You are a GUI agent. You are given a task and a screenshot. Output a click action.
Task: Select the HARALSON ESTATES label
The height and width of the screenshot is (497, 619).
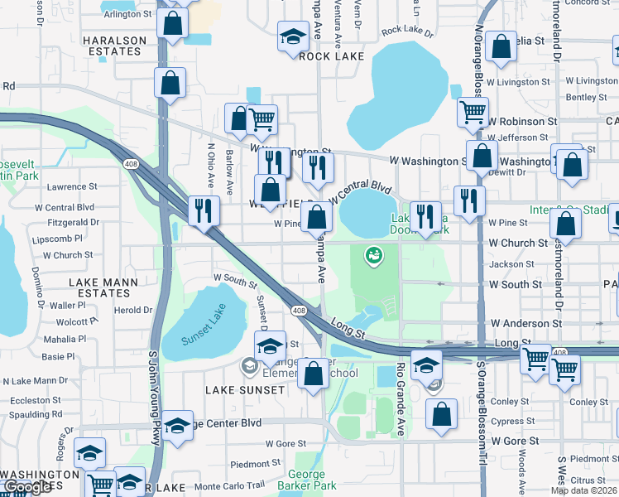(113, 46)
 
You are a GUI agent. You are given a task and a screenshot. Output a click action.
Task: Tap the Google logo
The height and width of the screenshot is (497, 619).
(27, 488)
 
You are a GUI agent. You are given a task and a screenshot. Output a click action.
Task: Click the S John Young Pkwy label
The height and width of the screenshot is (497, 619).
(153, 398)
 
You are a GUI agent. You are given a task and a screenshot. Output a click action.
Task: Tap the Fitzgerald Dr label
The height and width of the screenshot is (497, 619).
(73, 222)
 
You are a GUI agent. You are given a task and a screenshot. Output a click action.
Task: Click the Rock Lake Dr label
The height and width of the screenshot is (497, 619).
(407, 32)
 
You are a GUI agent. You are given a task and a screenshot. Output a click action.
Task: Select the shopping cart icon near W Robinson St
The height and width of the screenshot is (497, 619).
(473, 110)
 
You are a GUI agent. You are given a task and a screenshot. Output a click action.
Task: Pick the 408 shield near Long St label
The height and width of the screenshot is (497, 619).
(298, 311)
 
